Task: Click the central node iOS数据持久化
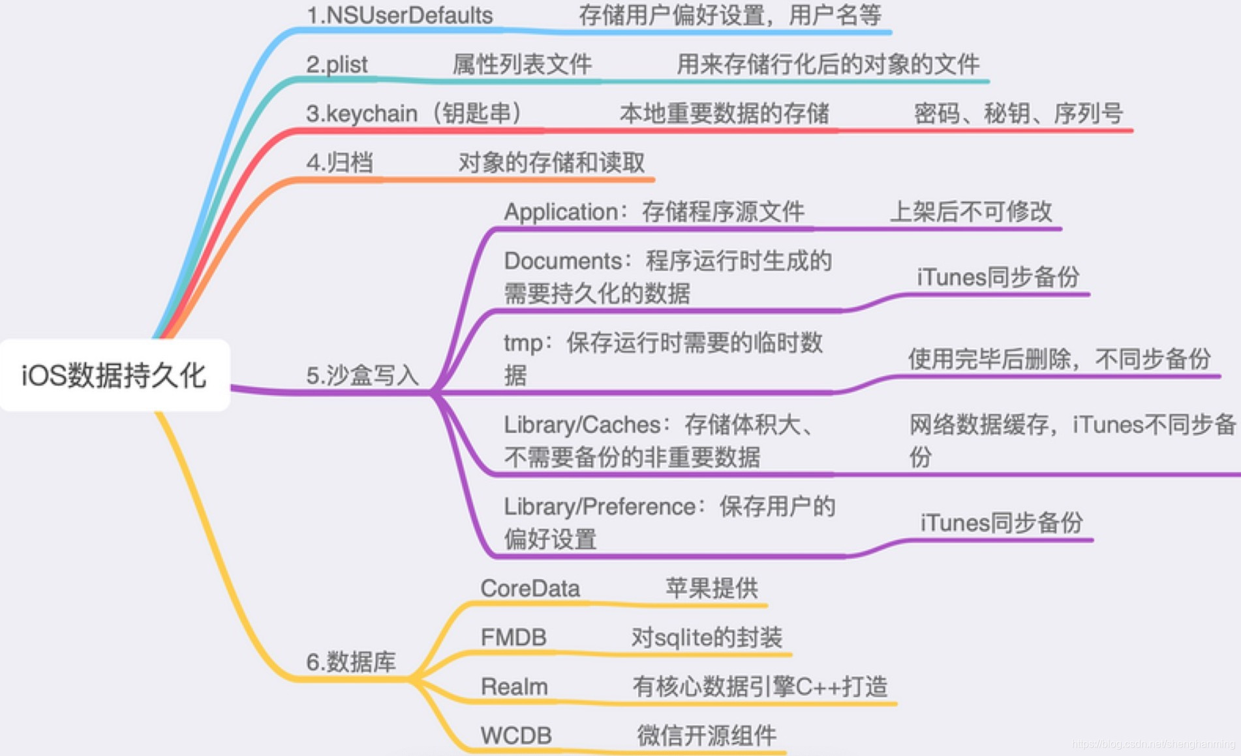114,375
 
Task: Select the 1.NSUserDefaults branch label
399,16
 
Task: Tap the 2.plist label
337,65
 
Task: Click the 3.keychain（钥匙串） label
414,114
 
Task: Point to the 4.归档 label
339,163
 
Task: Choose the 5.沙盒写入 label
362,375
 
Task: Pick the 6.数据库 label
351,662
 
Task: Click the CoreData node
530,588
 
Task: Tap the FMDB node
513,637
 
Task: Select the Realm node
514,687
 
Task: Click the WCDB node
516,736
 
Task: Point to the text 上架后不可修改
971,212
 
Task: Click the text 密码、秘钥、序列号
1018,114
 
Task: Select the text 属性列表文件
522,65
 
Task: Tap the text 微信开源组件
707,736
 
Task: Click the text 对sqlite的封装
707,637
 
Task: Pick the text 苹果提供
712,588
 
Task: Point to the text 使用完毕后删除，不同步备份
1059,359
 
